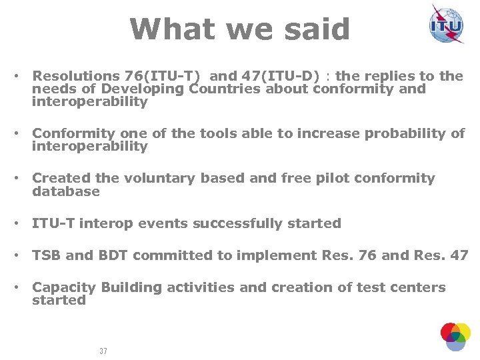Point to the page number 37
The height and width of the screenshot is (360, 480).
(x=103, y=351)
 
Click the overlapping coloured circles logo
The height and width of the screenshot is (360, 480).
(x=455, y=336)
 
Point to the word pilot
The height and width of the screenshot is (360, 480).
(x=313, y=178)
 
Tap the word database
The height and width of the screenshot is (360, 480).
(x=66, y=191)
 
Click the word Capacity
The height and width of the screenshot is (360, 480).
(x=64, y=287)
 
